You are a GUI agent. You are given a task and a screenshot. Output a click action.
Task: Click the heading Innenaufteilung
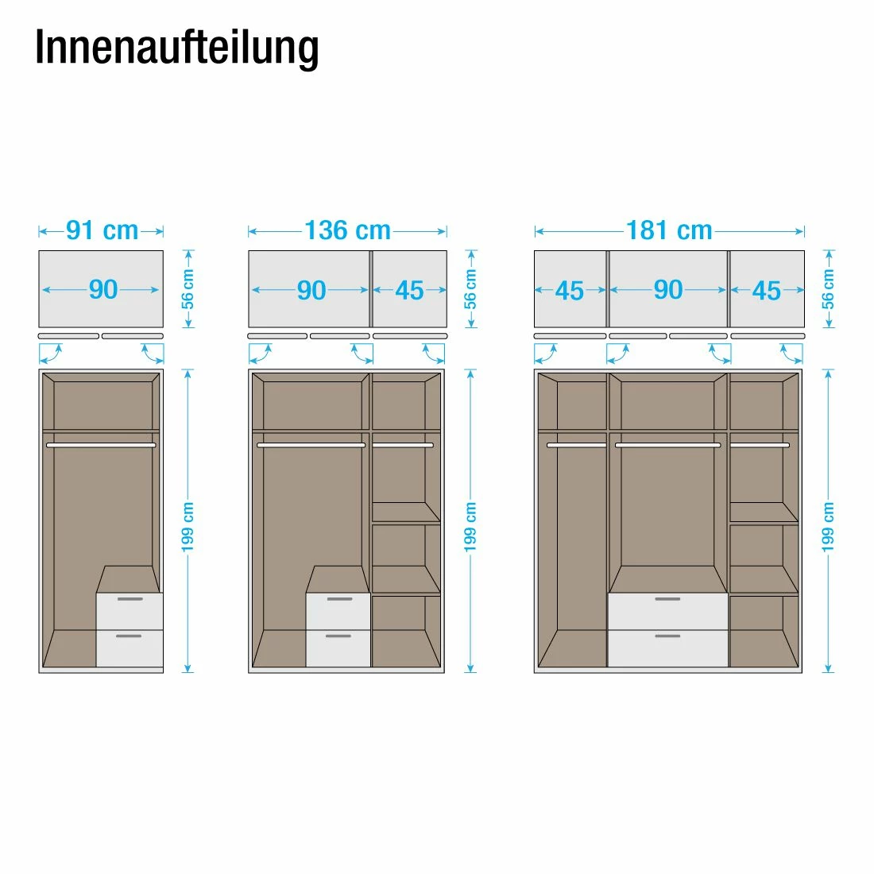click(176, 48)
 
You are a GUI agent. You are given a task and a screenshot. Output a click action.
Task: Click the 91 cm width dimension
click(102, 230)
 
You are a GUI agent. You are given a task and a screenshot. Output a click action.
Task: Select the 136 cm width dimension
click(347, 230)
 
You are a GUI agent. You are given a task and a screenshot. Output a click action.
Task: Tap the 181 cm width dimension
click(669, 230)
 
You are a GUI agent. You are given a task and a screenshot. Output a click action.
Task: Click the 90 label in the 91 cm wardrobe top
click(103, 290)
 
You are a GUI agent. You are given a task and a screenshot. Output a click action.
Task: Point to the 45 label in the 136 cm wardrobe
click(409, 291)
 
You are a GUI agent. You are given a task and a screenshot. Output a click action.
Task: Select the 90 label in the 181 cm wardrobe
click(668, 290)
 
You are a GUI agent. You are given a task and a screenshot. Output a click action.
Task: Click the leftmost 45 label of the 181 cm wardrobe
click(570, 291)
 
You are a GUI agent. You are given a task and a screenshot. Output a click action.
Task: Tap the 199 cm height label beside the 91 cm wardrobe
click(188, 527)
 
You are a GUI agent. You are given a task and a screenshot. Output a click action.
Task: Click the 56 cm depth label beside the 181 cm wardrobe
click(829, 289)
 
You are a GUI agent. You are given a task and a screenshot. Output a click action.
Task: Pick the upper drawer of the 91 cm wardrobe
click(130, 611)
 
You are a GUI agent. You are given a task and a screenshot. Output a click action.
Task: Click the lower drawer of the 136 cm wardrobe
click(338, 648)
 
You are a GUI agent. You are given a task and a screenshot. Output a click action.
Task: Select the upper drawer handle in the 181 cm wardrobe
click(667, 598)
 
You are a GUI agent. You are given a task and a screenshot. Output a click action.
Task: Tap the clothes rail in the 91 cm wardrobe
click(101, 446)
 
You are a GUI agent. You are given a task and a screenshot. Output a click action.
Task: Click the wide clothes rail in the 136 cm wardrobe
click(311, 446)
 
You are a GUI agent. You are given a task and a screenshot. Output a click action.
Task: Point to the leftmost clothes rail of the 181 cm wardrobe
click(576, 446)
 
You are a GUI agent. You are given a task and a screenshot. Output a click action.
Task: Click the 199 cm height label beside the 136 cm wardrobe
click(471, 527)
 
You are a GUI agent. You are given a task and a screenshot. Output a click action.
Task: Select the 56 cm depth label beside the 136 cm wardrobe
click(471, 289)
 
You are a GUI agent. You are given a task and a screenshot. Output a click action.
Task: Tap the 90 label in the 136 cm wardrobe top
click(311, 291)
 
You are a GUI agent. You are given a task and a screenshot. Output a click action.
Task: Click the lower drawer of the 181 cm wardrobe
click(668, 648)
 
